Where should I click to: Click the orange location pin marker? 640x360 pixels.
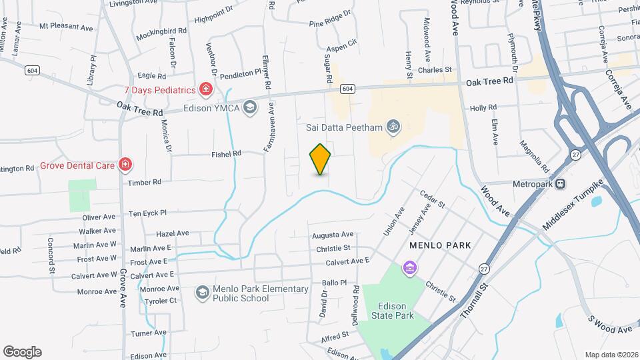[x=321, y=159]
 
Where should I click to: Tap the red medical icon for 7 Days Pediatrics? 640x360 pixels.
[x=207, y=89]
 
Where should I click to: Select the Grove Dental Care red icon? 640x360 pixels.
[x=125, y=164]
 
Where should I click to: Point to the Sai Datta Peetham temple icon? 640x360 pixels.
[x=393, y=126]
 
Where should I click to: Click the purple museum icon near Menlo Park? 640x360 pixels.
[x=408, y=268]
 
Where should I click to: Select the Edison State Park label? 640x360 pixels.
[x=388, y=311]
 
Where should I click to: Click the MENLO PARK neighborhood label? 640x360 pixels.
[x=440, y=245]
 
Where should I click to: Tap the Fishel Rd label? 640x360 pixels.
[x=227, y=153]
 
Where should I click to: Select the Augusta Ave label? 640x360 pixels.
[x=333, y=235]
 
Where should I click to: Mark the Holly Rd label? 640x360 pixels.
[x=483, y=107]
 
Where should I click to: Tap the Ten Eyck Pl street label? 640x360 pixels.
[x=147, y=213]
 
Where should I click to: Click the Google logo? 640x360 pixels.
[x=22, y=352]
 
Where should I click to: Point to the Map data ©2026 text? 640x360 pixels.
[x=611, y=355]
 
